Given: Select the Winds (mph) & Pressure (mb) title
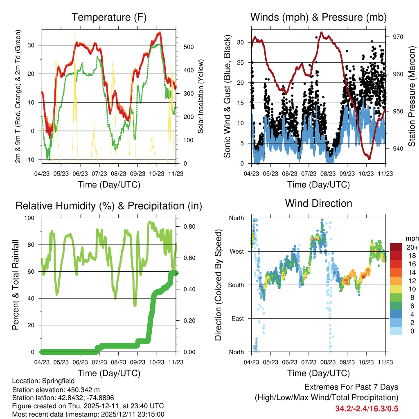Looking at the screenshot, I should [x=318, y=17].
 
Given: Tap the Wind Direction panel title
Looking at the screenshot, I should [x=318, y=203].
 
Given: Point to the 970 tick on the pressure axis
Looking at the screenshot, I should [x=398, y=37].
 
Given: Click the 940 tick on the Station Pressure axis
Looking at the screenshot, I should [x=398, y=149].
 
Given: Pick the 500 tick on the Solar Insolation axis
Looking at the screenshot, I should [x=189, y=47].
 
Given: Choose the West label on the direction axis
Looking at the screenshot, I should [x=237, y=251].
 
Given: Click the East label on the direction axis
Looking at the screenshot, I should [x=237, y=318].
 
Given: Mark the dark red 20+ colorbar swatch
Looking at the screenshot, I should [x=396, y=247].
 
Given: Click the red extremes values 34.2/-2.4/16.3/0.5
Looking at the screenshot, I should [x=367, y=409].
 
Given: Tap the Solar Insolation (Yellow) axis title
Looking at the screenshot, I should [x=201, y=96].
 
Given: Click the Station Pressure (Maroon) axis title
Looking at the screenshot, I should [x=412, y=96].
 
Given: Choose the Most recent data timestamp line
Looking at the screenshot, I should [x=88, y=414].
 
